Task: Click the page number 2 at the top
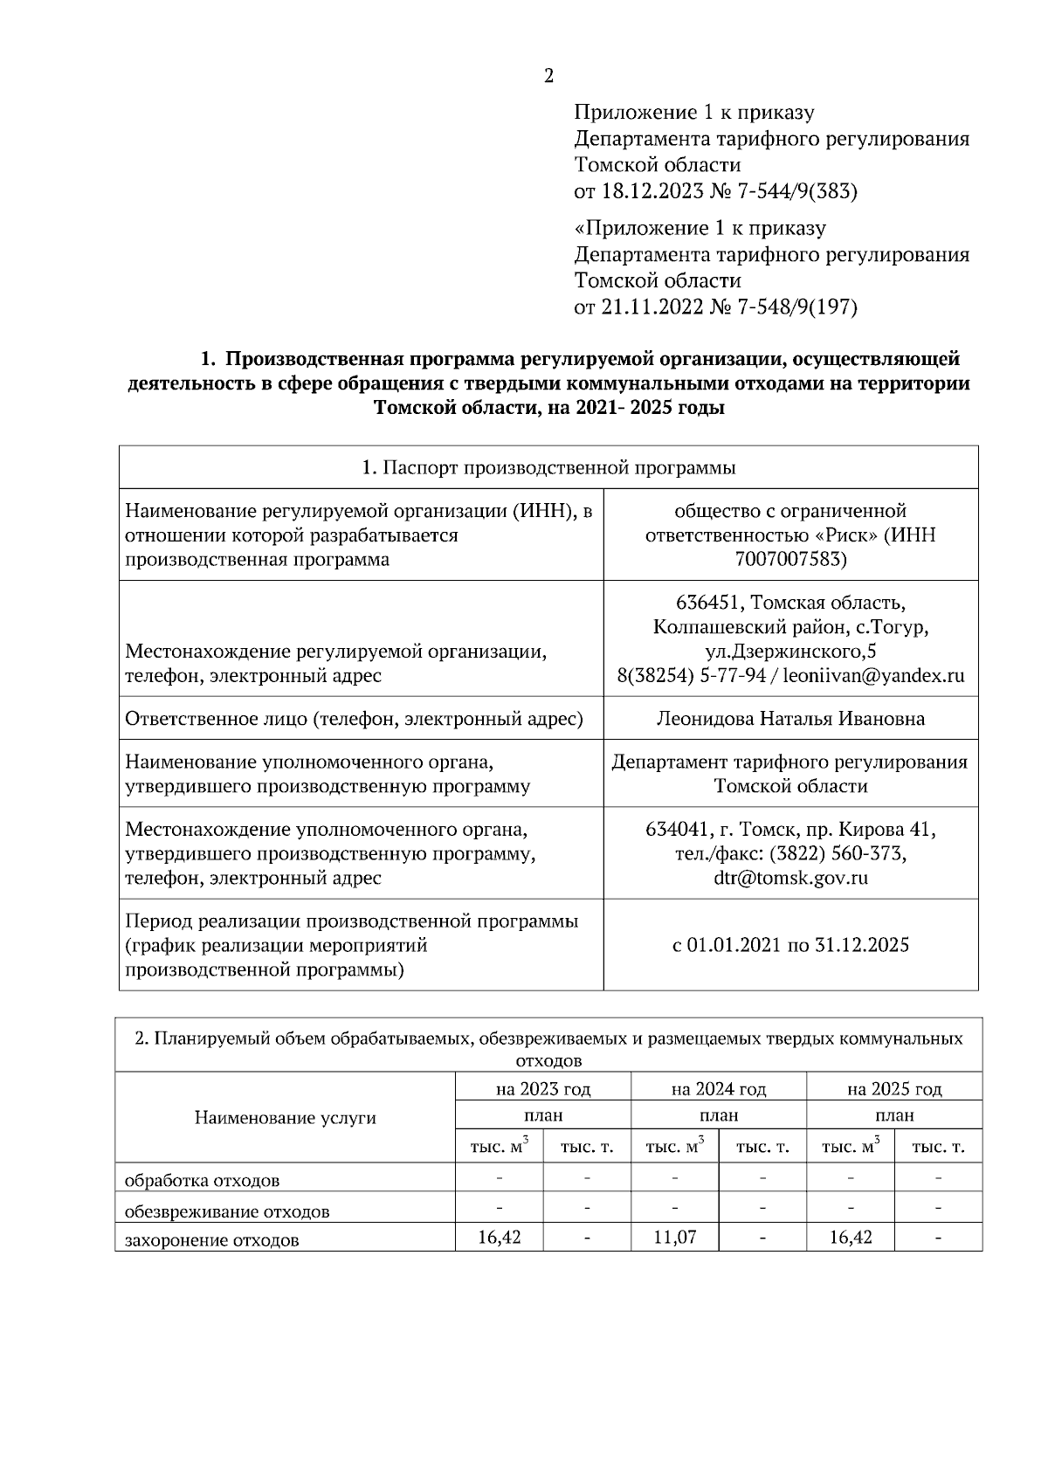click(x=548, y=76)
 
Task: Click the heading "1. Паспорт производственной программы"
click(x=548, y=467)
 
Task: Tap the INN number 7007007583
click(x=790, y=559)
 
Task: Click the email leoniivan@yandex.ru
click(x=873, y=676)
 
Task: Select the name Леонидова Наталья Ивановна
click(x=790, y=719)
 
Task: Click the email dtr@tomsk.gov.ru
click(x=790, y=878)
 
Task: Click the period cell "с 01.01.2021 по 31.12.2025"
click(x=790, y=945)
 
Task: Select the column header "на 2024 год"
click(x=719, y=1089)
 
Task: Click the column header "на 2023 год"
click(x=543, y=1089)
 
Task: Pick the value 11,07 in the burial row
click(x=674, y=1238)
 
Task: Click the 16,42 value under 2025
click(x=851, y=1238)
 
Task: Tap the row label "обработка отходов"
click(x=203, y=1181)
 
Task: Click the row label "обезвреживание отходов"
click(x=227, y=1211)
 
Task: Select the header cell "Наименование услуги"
click(x=285, y=1118)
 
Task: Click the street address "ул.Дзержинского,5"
click(x=790, y=652)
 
